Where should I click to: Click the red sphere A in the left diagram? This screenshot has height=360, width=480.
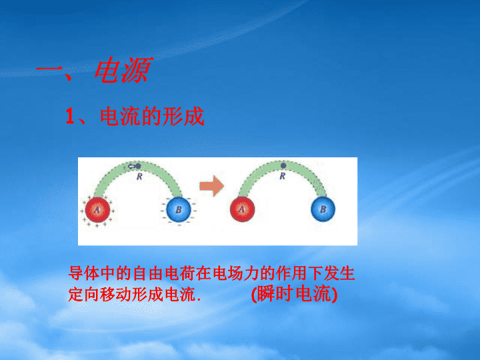(97, 210)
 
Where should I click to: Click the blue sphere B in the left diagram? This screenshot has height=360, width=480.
(179, 209)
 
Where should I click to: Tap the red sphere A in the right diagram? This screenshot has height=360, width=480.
(242, 209)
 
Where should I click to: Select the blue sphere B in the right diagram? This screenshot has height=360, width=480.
(323, 209)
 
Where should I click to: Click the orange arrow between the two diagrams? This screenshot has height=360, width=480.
(211, 186)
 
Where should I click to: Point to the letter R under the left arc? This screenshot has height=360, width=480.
(139, 177)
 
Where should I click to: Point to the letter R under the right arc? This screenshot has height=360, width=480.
(282, 176)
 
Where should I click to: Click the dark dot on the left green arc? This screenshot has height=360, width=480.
(138, 166)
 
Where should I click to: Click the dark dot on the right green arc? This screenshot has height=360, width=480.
(283, 165)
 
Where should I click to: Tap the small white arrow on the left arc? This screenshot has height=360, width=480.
(131, 167)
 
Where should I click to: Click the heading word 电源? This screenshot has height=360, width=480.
(123, 71)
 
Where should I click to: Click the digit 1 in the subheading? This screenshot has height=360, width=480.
(70, 116)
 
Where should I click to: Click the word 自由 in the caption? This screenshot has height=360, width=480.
(148, 273)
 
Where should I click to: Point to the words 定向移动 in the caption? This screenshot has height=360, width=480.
(100, 294)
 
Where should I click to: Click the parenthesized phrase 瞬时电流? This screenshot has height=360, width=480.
(295, 294)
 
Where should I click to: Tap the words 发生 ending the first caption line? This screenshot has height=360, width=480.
(339, 273)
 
